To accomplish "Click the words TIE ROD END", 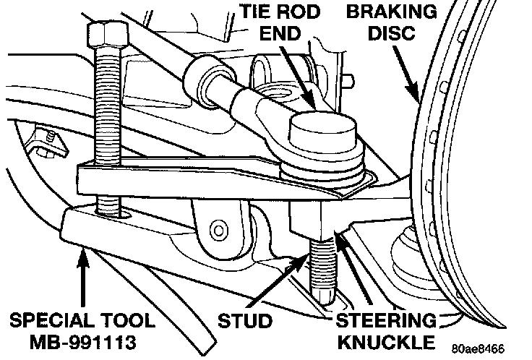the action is tap(280, 22).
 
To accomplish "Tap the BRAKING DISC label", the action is tap(392, 22).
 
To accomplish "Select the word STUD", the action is tap(245, 321).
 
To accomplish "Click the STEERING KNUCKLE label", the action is tap(386, 332).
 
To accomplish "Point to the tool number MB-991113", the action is tap(83, 342).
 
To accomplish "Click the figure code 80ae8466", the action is tap(478, 348).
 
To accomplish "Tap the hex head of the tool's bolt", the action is tap(108, 34).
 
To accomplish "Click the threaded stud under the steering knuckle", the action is tap(322, 270).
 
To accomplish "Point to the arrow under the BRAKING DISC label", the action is tap(406, 74).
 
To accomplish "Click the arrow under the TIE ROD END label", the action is tap(298, 77).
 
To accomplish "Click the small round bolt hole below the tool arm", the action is tap(218, 231).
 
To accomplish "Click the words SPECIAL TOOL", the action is tap(82, 321).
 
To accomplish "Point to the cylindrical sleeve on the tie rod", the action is tap(210, 82).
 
